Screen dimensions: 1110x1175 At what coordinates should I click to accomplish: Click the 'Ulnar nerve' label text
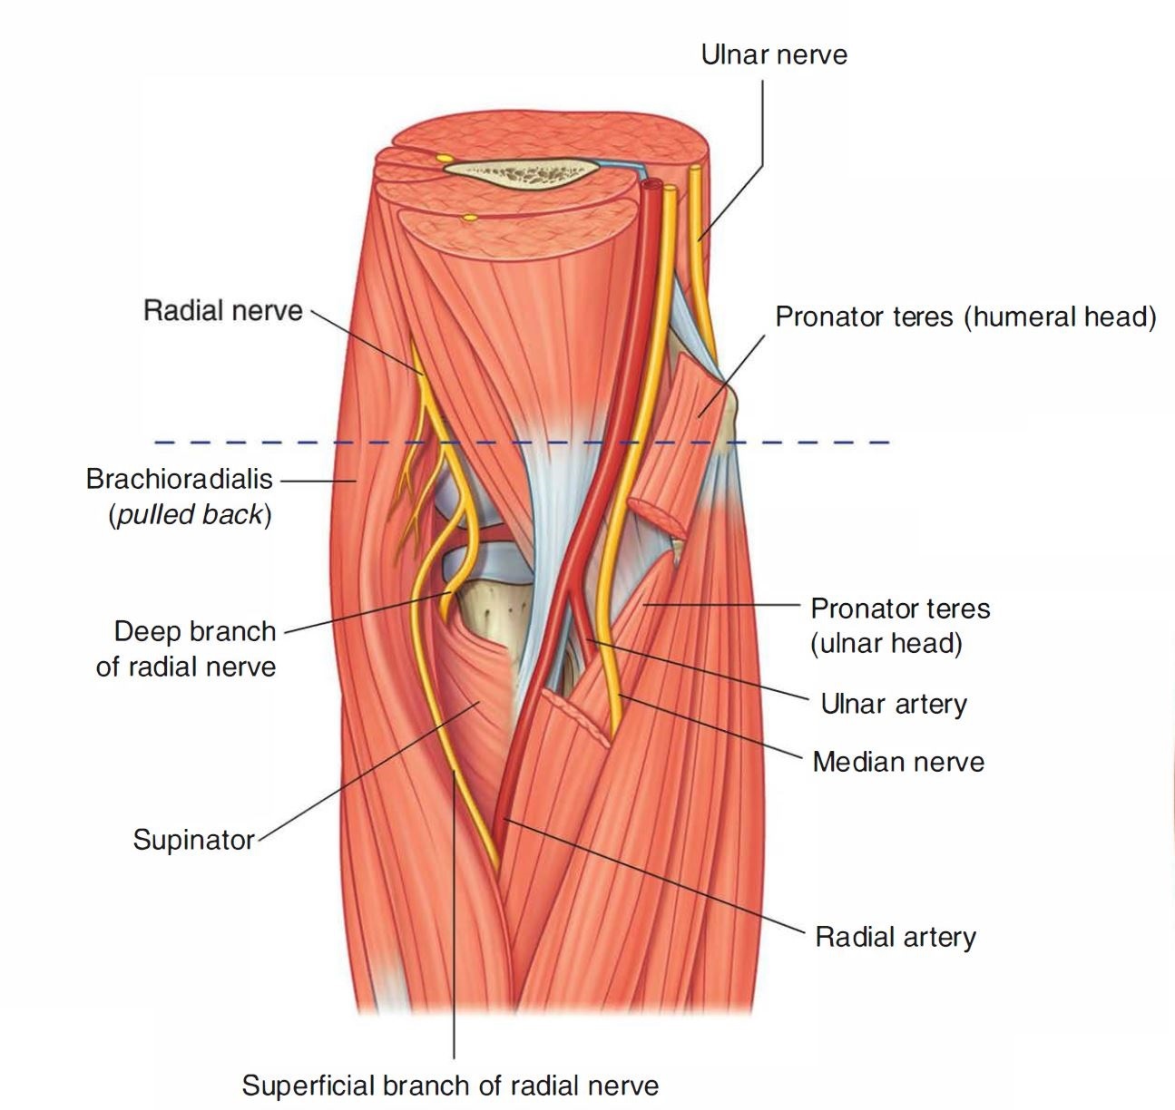[x=774, y=55]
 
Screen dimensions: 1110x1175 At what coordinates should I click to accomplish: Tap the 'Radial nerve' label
[x=222, y=311]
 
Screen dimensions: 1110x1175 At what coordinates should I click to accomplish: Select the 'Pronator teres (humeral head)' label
[x=965, y=317]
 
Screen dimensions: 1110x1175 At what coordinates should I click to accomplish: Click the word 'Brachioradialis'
[x=179, y=479]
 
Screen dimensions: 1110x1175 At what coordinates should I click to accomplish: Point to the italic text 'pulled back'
[x=190, y=514]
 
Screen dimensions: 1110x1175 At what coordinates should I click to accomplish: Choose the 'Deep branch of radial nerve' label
[x=186, y=648]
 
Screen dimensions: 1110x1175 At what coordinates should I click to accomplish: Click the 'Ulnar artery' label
[x=893, y=704]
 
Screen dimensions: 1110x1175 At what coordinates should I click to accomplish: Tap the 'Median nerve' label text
[x=897, y=761]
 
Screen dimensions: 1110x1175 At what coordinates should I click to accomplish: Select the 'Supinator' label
[x=193, y=839]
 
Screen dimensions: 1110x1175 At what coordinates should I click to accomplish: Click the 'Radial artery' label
[x=895, y=936]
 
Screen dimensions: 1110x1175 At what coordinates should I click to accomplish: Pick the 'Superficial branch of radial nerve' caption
[x=450, y=1085]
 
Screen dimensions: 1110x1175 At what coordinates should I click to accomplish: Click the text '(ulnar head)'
[x=886, y=643]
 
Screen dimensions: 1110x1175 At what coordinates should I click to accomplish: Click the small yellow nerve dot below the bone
[x=469, y=218]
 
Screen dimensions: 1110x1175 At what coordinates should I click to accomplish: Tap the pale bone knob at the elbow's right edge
[x=731, y=408]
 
